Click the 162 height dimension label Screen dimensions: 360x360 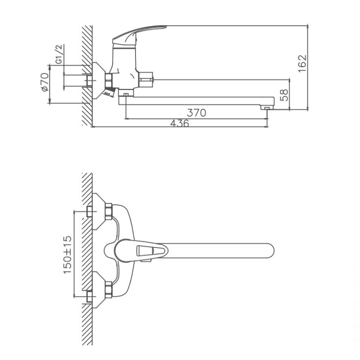[302, 63]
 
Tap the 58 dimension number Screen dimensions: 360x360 [284, 95]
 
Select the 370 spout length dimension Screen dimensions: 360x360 [197, 113]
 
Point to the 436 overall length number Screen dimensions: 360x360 [180, 123]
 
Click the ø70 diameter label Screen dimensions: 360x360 [45, 82]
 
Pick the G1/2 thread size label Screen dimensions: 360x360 [59, 54]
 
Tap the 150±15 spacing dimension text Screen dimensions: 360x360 [67, 255]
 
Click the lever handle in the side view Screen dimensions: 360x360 [139, 35]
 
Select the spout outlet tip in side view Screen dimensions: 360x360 [266, 107]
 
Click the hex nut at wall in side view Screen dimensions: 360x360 [108, 80]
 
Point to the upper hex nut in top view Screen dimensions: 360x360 [108, 211]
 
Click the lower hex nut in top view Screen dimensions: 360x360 [108, 289]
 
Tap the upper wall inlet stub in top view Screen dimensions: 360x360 [89, 211]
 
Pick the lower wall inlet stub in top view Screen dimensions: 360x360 [89, 297]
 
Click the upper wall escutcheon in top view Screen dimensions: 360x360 [98, 211]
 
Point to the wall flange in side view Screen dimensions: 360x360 [98, 81]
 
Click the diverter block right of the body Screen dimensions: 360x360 [145, 80]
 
